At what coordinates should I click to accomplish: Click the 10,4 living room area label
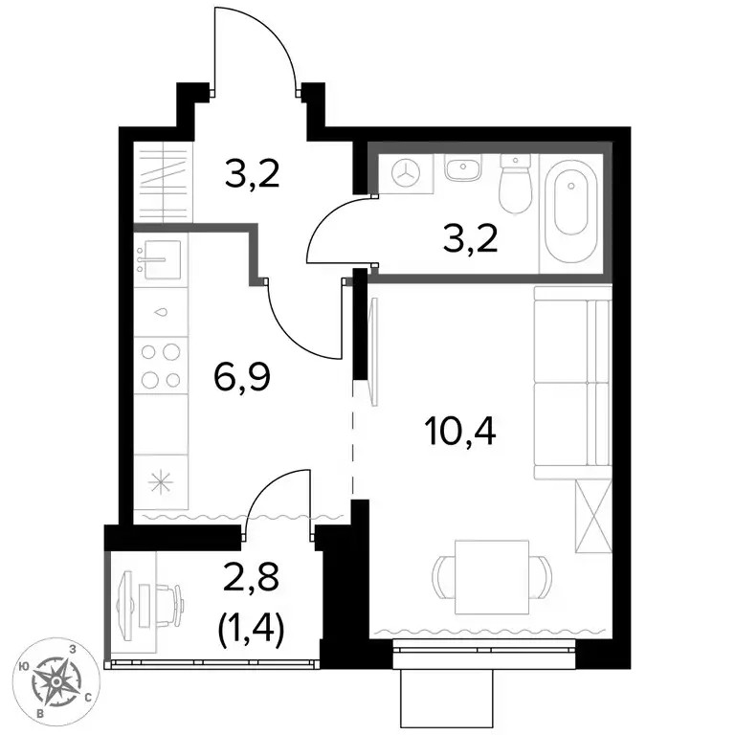tap(459, 433)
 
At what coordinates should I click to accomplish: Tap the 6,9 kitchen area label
tap(242, 378)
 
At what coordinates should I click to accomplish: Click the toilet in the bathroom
tap(515, 184)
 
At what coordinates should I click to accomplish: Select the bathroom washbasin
tap(463, 168)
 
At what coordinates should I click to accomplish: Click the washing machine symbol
tap(406, 172)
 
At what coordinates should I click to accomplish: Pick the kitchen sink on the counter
tap(162, 259)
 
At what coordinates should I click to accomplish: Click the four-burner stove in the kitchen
tap(161, 366)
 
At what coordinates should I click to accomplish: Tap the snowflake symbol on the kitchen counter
tap(161, 482)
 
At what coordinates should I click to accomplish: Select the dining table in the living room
tap(492, 577)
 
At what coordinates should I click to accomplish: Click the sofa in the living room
tap(573, 383)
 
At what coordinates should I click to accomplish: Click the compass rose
tap(56, 679)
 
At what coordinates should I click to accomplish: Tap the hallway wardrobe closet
tap(163, 183)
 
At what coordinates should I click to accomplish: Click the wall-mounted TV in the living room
tap(373, 352)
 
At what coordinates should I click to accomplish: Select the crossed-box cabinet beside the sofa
tap(593, 516)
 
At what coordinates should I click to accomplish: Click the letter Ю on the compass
tap(23, 666)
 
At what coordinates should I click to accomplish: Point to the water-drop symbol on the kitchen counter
tap(161, 312)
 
